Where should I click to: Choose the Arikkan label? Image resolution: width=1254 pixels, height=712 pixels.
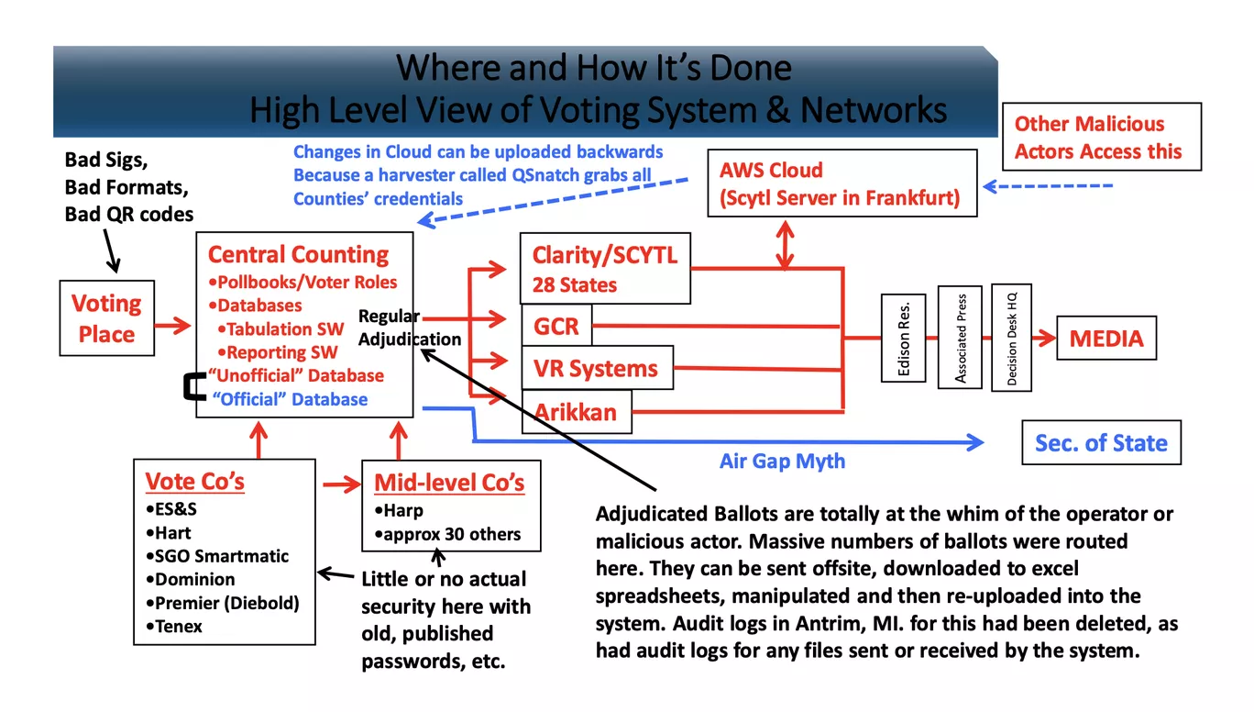click(575, 412)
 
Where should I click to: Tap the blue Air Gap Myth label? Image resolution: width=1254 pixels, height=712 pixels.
click(782, 461)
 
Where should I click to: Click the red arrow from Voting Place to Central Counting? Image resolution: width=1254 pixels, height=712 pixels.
click(173, 325)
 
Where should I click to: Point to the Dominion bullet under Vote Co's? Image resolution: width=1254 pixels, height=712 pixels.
click(191, 579)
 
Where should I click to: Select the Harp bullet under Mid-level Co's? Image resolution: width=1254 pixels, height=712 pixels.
click(399, 510)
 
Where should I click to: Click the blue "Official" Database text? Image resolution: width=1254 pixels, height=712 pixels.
click(290, 399)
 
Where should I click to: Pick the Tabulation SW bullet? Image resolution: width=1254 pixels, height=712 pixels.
click(280, 328)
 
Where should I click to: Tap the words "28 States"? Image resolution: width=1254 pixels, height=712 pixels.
click(575, 284)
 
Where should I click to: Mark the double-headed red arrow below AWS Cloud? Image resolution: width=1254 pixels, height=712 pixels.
click(785, 245)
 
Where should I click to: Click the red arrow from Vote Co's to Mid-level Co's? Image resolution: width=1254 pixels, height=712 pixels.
click(342, 484)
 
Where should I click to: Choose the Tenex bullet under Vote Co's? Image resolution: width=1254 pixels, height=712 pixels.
click(173, 626)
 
